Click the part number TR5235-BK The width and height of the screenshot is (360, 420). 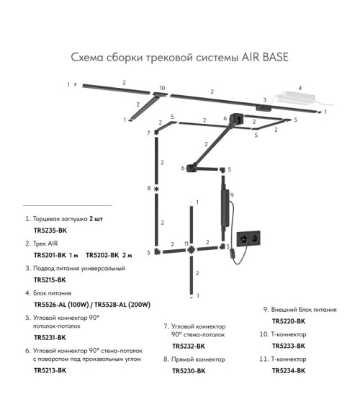click(50, 231)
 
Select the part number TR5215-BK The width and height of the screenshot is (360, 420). click(50, 280)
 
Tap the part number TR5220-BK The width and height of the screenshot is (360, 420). click(289, 321)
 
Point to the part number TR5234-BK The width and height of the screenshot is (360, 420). click(289, 371)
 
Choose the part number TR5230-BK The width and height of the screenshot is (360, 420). click(189, 371)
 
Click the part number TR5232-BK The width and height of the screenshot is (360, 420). click(189, 347)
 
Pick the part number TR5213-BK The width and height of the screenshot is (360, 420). click(50, 370)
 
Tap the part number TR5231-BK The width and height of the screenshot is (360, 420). click(50, 337)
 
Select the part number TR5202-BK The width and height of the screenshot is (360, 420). click(102, 255)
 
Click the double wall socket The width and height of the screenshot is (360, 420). click(248, 238)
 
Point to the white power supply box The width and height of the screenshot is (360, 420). click(296, 97)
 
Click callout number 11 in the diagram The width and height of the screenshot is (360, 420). click(186, 243)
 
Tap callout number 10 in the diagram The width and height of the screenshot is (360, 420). click(162, 88)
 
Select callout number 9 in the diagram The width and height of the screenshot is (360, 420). click(232, 195)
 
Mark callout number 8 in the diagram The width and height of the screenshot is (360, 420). click(149, 188)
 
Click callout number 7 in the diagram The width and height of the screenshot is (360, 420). click(148, 133)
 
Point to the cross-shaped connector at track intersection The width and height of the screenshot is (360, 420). click(191, 250)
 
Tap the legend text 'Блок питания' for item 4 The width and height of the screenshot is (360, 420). click(52, 293)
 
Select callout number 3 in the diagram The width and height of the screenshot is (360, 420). click(265, 100)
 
